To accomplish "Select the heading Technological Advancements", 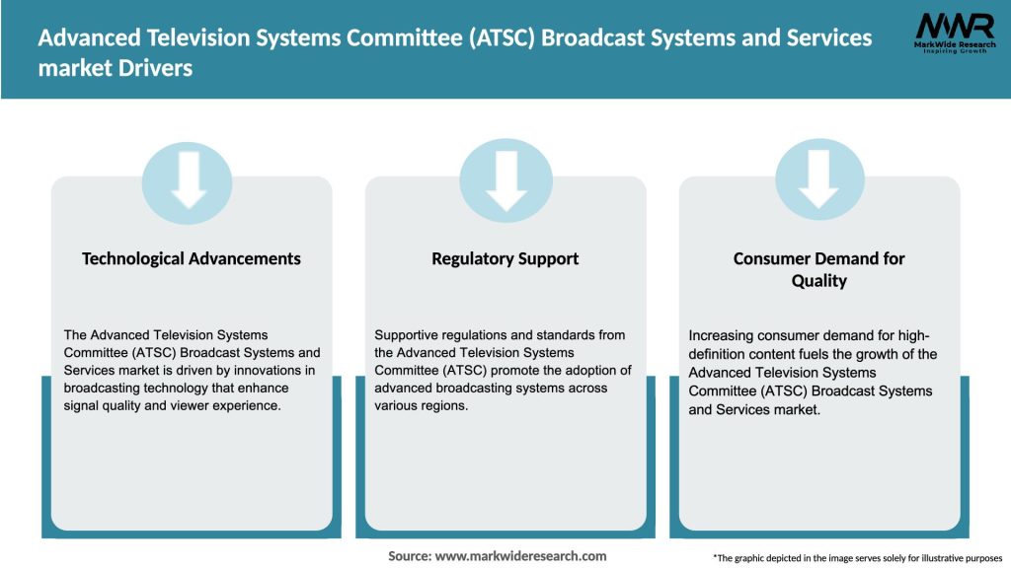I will [x=191, y=258].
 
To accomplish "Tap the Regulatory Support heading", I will [x=505, y=258].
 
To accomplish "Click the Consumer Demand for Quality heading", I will [x=818, y=269].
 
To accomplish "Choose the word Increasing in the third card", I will [x=723, y=335].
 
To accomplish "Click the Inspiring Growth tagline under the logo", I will [x=955, y=50].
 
